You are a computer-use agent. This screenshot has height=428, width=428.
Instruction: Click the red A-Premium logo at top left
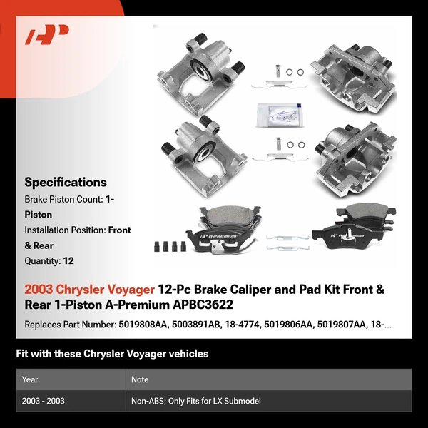(47, 35)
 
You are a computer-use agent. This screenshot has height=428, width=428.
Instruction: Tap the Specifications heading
(66, 182)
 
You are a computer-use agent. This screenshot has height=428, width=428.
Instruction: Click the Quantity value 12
(68, 261)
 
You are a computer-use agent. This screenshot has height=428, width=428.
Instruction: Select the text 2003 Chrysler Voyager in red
(89, 290)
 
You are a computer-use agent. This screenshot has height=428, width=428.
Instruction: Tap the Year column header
(30, 379)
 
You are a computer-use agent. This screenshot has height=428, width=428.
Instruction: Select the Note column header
(139, 379)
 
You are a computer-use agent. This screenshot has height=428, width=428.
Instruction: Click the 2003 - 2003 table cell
(44, 401)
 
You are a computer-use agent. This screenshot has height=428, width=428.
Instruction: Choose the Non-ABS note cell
(195, 401)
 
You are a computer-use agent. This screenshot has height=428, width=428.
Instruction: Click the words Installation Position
(65, 230)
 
